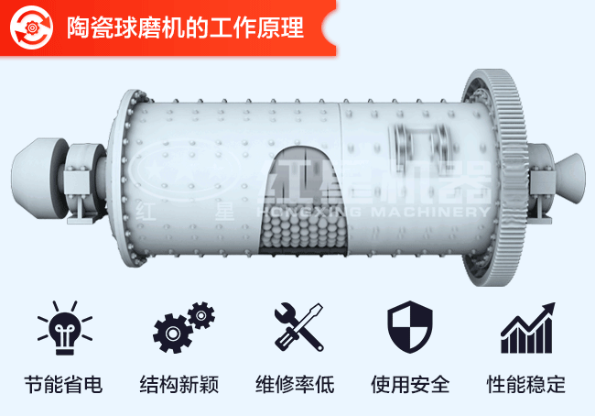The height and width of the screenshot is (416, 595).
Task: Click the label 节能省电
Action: click(62, 384)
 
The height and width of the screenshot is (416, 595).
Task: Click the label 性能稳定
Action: click(526, 384)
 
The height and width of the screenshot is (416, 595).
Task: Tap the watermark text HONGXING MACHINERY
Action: click(375, 212)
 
